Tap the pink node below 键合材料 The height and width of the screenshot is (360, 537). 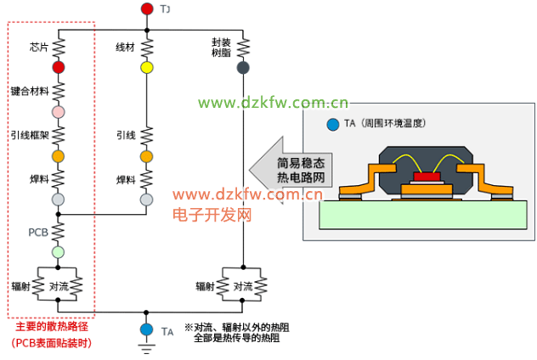click(x=59, y=112)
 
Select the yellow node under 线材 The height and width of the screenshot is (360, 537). click(x=146, y=67)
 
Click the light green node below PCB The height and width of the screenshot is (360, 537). click(x=59, y=251)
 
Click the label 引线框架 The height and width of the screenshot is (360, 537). click(x=31, y=135)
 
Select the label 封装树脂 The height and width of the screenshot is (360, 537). click(x=222, y=47)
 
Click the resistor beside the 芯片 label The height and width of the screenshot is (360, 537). click(x=59, y=46)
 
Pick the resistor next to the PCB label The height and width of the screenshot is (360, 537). click(x=59, y=230)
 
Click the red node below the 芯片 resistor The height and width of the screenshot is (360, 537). click(x=59, y=67)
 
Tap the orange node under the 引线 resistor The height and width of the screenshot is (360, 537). click(x=146, y=156)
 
